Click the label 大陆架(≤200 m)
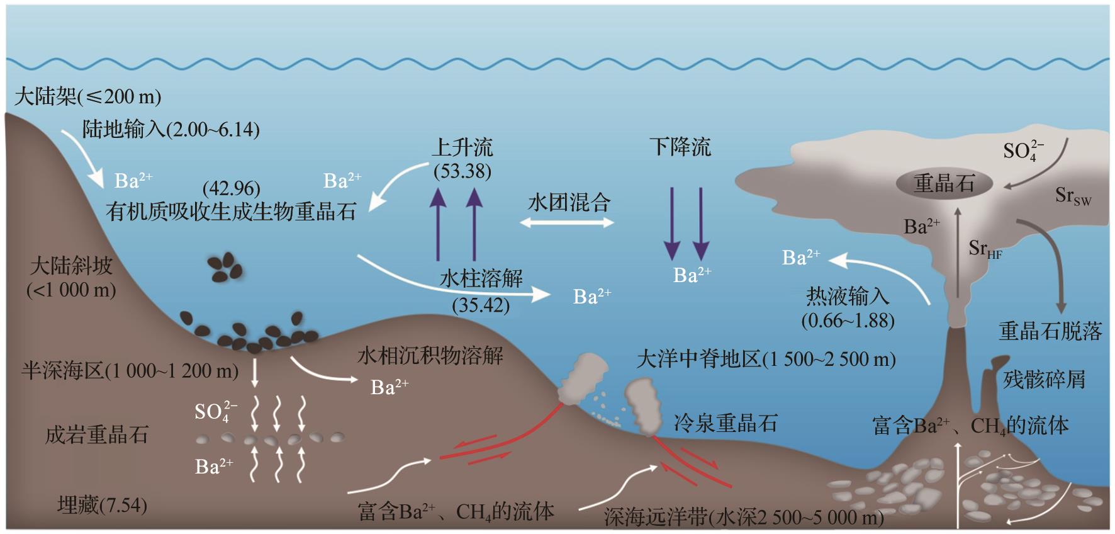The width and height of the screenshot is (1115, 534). [87, 96]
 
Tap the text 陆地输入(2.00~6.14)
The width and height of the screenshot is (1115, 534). [171, 130]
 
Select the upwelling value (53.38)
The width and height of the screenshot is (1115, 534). [462, 171]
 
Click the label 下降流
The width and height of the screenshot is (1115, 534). [680, 147]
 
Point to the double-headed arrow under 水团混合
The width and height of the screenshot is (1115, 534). [567, 222]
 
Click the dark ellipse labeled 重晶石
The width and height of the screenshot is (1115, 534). [944, 183]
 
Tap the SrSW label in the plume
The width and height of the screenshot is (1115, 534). [1073, 196]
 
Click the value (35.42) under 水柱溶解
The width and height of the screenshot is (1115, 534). [481, 305]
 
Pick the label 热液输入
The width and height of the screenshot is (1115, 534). [848, 296]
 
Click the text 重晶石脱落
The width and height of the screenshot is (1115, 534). [1050, 331]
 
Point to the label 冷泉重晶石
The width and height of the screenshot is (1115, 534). [726, 423]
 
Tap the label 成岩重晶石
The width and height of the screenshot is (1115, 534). [96, 435]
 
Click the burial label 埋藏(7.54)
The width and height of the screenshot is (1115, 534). [102, 505]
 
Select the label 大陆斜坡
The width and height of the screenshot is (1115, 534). [71, 266]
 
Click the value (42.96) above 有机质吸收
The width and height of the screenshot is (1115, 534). [231, 188]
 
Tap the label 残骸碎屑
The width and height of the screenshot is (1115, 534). [1044, 380]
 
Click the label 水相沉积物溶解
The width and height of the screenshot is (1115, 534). [430, 356]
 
